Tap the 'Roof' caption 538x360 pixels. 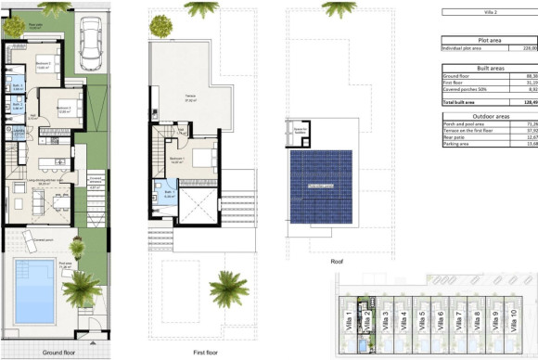tap(339, 262)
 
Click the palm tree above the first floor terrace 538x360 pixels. tap(200, 9)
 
